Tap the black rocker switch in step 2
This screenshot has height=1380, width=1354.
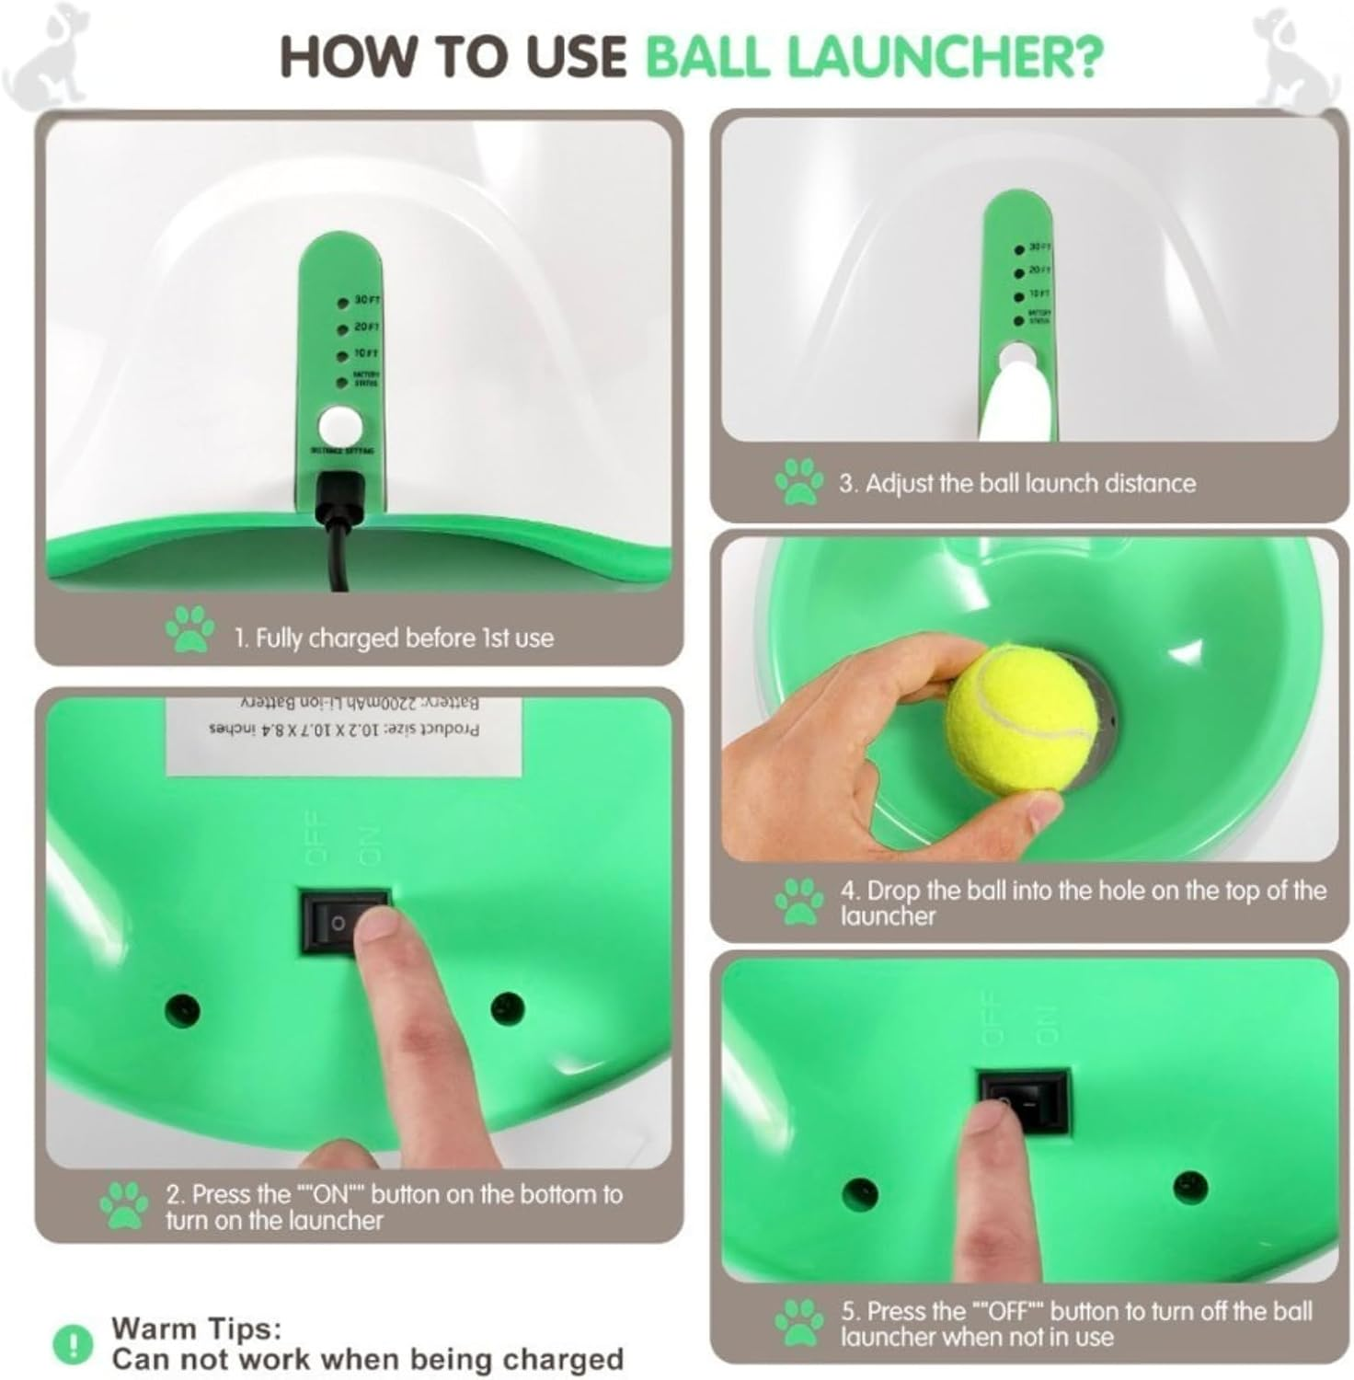click(x=345, y=920)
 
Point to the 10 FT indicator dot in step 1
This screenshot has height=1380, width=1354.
click(x=341, y=355)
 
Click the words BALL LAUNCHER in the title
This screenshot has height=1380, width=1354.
click(x=873, y=57)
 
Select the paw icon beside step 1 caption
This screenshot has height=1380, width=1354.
click(x=189, y=629)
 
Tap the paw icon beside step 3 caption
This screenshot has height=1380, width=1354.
click(x=798, y=481)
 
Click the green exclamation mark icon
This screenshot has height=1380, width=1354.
click(x=74, y=1344)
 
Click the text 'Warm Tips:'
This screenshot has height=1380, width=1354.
click(x=196, y=1328)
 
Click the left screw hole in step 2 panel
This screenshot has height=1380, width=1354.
click(x=181, y=1010)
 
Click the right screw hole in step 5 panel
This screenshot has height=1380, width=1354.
click(x=1190, y=1184)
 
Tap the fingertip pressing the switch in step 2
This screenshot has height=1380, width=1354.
click(x=379, y=938)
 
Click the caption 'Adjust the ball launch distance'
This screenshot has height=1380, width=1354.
click(x=1016, y=483)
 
